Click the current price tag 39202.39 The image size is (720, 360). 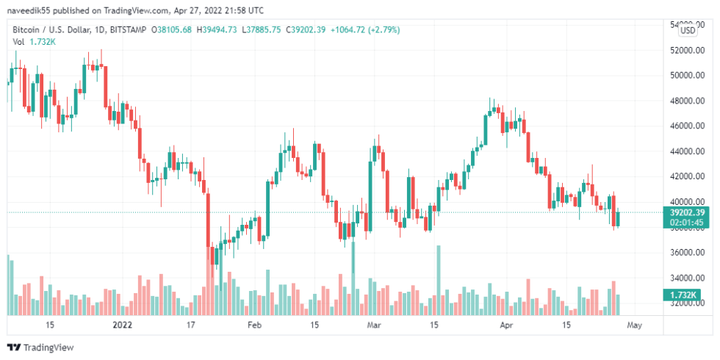pyautogui.click(x=688, y=212)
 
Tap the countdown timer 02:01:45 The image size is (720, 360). pyautogui.click(x=688, y=222)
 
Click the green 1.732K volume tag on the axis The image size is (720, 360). pyautogui.click(x=685, y=295)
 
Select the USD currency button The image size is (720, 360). pyautogui.click(x=688, y=30)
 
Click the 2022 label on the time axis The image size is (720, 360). pyautogui.click(x=122, y=324)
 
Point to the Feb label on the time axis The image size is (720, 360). pyautogui.click(x=254, y=324)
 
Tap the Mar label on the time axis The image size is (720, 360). pyautogui.click(x=374, y=324)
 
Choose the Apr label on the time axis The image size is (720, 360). pyautogui.click(x=505, y=324)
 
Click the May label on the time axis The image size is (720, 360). pyautogui.click(x=635, y=324)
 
